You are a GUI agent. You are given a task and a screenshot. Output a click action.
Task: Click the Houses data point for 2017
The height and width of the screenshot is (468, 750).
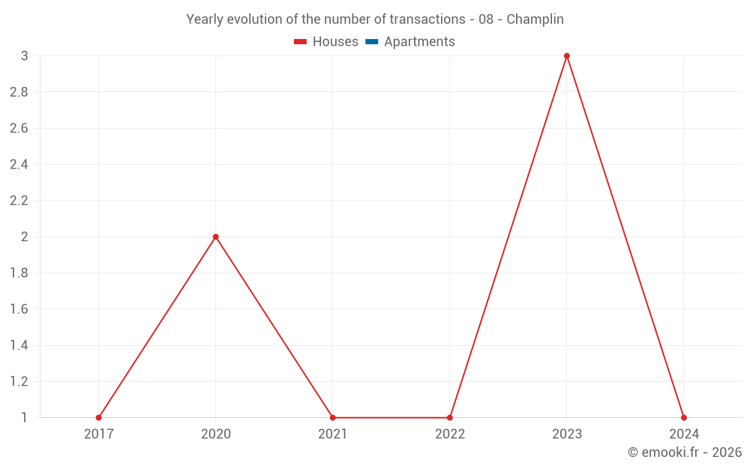pos(98,418)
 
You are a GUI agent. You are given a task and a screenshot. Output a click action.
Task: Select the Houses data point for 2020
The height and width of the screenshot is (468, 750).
pos(215,237)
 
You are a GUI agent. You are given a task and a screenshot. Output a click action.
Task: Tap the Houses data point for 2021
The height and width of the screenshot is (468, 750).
pos(332,418)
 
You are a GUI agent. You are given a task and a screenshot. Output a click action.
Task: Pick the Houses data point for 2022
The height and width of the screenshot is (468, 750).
pos(450,418)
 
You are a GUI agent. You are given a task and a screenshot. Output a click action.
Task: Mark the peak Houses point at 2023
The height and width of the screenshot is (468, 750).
pos(567,56)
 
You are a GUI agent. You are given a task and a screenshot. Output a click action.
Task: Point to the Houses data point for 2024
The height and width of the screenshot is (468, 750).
pos(684,418)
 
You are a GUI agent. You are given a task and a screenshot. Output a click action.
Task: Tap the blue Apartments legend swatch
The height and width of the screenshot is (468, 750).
pos(371,42)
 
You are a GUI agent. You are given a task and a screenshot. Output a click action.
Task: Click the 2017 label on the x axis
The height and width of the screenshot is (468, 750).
pos(98,434)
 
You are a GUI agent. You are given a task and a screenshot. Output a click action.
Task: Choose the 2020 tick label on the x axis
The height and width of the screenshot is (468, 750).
pos(215,434)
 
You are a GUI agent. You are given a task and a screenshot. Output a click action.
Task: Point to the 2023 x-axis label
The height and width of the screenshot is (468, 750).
pos(567,434)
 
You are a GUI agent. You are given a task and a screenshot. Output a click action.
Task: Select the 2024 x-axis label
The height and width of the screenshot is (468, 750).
pos(684,434)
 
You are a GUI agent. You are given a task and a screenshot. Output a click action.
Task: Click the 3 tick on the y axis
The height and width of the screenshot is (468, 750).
pos(25,56)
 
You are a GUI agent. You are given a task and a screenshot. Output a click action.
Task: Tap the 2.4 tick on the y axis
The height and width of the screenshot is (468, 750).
pos(19,165)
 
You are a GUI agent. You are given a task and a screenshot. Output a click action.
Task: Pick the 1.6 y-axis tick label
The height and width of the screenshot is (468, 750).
pos(19,309)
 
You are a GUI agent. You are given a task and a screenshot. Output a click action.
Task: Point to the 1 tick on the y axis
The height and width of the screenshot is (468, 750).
pos(25,418)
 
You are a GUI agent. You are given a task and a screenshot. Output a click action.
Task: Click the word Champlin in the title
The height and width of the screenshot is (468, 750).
pos(535,19)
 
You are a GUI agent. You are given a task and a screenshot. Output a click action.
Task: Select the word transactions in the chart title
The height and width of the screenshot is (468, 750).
pos(429,19)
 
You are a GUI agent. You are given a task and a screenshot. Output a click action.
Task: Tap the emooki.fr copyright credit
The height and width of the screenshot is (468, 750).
pos(685,452)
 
